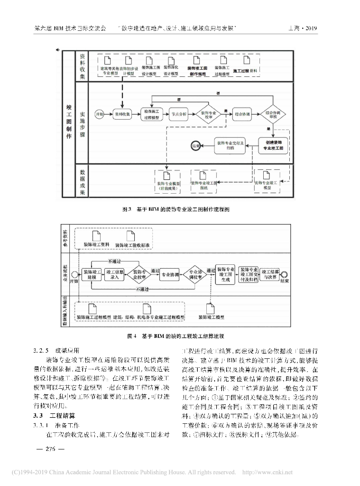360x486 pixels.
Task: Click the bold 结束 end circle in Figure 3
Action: [195, 145]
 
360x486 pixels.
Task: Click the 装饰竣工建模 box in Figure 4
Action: [92, 275]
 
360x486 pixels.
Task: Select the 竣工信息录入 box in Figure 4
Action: [115, 275]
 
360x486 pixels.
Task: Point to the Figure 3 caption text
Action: [176, 208]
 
